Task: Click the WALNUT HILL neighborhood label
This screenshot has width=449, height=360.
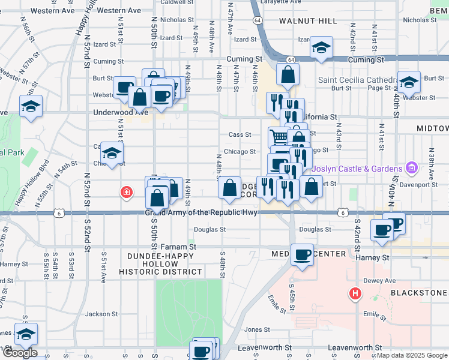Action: pyautogui.click(x=308, y=21)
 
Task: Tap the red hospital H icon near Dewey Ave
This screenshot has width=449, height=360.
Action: pyautogui.click(x=355, y=293)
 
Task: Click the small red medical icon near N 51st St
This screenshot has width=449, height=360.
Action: pyautogui.click(x=126, y=192)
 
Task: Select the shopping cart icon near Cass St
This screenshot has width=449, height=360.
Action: pyautogui.click(x=278, y=137)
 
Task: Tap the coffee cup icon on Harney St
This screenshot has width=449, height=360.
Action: pyautogui.click(x=302, y=254)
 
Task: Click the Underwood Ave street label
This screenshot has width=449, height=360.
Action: pyautogui.click(x=120, y=112)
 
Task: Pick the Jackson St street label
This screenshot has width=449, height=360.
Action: pyautogui.click(x=101, y=314)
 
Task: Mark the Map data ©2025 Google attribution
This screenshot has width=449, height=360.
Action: pyautogui.click(x=411, y=355)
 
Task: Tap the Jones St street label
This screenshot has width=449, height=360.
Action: pyautogui.click(x=256, y=329)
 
